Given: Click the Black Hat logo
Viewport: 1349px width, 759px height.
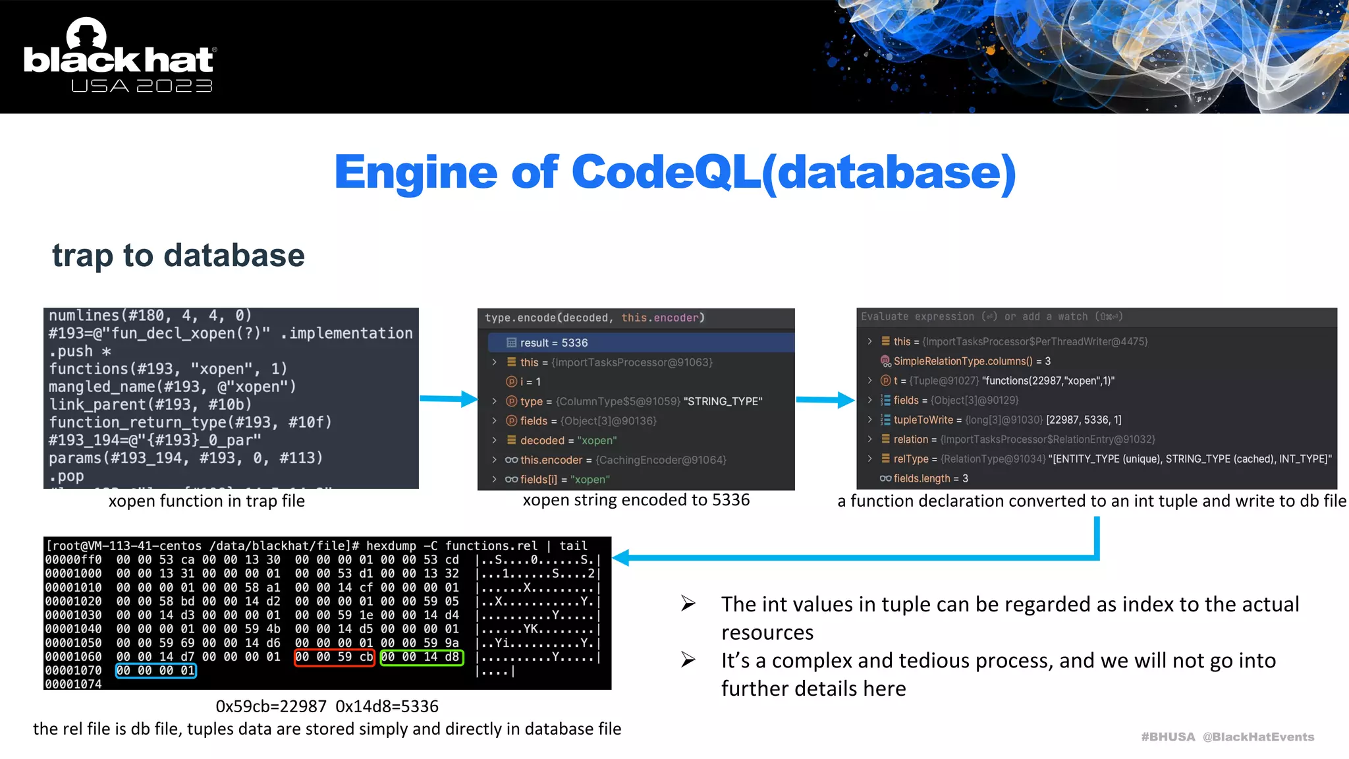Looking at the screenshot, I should click(119, 57).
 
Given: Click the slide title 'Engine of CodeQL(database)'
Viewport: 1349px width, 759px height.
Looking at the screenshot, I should click(675, 173).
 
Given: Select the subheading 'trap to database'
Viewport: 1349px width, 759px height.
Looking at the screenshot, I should click(179, 256).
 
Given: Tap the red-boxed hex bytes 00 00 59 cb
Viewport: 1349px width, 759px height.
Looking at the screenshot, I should click(334, 657).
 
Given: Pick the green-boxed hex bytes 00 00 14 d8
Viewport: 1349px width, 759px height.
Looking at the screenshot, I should click(422, 657).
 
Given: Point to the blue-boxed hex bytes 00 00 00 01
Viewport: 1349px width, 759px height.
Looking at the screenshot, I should click(155, 671).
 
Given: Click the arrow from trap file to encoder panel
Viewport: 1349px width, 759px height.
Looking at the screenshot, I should click(449, 399).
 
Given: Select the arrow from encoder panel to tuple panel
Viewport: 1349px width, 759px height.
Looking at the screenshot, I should click(825, 399).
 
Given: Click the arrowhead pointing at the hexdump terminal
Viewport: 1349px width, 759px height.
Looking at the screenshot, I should click(621, 557).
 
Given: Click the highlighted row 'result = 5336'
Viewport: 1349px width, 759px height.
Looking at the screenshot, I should click(553, 343).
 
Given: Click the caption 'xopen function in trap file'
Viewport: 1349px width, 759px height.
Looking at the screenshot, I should click(206, 501).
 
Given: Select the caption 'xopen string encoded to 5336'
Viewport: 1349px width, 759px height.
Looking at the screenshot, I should click(636, 500).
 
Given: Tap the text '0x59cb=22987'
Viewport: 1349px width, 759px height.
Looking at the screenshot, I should click(271, 706).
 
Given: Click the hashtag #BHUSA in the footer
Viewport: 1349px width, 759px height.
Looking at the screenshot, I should click(1167, 737).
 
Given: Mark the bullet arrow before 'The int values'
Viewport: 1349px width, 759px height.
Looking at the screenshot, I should click(688, 603).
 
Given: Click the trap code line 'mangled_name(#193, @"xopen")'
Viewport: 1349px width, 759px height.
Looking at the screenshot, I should click(172, 387).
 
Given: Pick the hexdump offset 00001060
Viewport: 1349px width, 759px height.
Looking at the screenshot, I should click(73, 657).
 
